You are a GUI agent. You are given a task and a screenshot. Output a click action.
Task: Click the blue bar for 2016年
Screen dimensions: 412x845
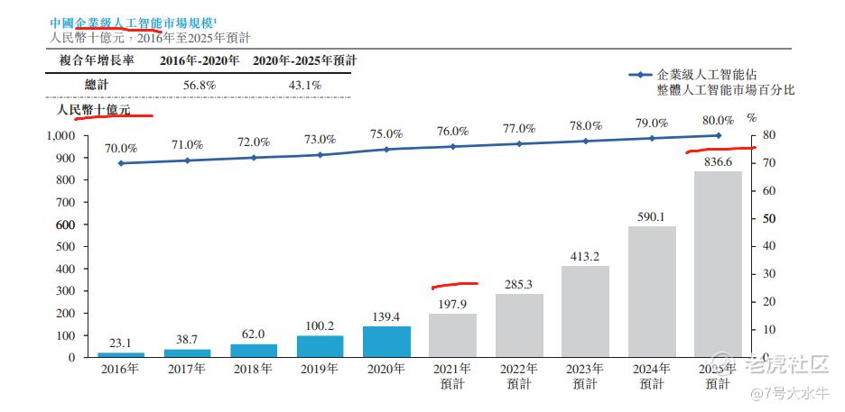pyautogui.click(x=120, y=354)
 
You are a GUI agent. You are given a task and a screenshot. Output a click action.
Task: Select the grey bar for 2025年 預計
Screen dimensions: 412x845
pyautogui.click(x=718, y=264)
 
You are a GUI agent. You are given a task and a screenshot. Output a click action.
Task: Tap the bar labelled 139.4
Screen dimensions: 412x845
pyautogui.click(x=386, y=342)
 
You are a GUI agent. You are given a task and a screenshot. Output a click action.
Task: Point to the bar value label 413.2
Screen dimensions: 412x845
pyautogui.click(x=585, y=256)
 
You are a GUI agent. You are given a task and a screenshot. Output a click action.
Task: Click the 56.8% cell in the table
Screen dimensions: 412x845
pyautogui.click(x=200, y=85)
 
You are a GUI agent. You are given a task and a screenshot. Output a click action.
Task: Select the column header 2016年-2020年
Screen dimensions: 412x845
pyautogui.click(x=200, y=60)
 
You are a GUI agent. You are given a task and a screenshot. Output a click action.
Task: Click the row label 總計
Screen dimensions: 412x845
pyautogui.click(x=98, y=85)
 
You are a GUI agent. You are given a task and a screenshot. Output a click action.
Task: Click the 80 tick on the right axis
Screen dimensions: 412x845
pyautogui.click(x=769, y=136)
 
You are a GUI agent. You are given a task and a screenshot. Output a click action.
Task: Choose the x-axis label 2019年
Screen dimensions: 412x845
pyautogui.click(x=320, y=369)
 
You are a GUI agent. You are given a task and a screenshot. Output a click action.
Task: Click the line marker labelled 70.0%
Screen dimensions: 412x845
pyautogui.click(x=121, y=163)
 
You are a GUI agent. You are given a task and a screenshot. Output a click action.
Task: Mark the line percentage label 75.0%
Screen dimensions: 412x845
pyautogui.click(x=386, y=133)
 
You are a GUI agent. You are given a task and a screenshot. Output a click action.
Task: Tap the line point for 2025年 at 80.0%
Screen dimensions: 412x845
pyautogui.click(x=719, y=136)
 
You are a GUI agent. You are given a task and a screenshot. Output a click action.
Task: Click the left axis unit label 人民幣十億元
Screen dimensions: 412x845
pyautogui.click(x=93, y=110)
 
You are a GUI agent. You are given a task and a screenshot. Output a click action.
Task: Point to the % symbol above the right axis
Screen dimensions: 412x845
pyautogui.click(x=750, y=118)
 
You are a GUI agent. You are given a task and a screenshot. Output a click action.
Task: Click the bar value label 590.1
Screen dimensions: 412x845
pyautogui.click(x=652, y=216)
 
